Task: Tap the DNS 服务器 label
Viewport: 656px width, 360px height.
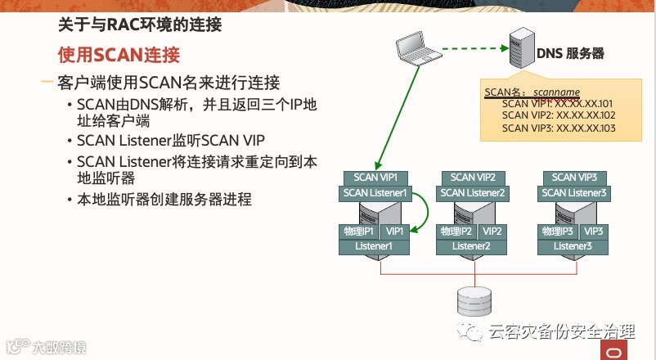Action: pos(570,53)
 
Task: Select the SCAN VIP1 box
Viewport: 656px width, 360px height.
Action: pos(375,178)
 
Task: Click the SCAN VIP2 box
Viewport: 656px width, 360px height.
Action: pos(473,178)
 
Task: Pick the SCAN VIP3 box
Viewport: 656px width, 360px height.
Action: pos(574,178)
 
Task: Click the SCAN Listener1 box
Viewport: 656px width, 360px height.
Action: pos(375,193)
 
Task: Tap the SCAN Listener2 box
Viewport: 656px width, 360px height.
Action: pos(473,193)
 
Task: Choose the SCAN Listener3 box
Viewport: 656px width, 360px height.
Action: pos(574,193)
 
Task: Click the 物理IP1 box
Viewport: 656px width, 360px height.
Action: pos(357,232)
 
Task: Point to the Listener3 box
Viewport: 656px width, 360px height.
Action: pos(573,245)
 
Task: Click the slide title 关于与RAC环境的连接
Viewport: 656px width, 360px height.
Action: pos(140,25)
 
